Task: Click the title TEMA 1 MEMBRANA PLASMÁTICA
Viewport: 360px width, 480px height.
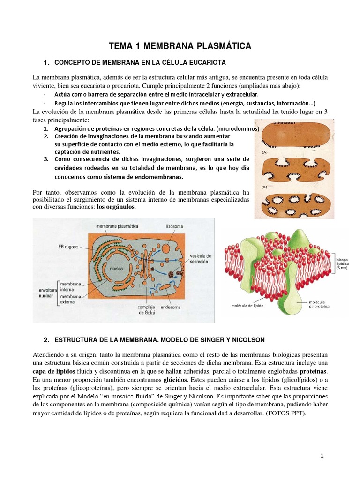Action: point(180,45)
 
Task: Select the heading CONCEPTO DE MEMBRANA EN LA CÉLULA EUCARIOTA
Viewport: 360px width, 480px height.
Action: point(141,63)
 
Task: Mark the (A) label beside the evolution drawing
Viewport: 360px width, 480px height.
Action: point(264,152)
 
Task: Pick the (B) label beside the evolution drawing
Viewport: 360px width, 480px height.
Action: point(264,186)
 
